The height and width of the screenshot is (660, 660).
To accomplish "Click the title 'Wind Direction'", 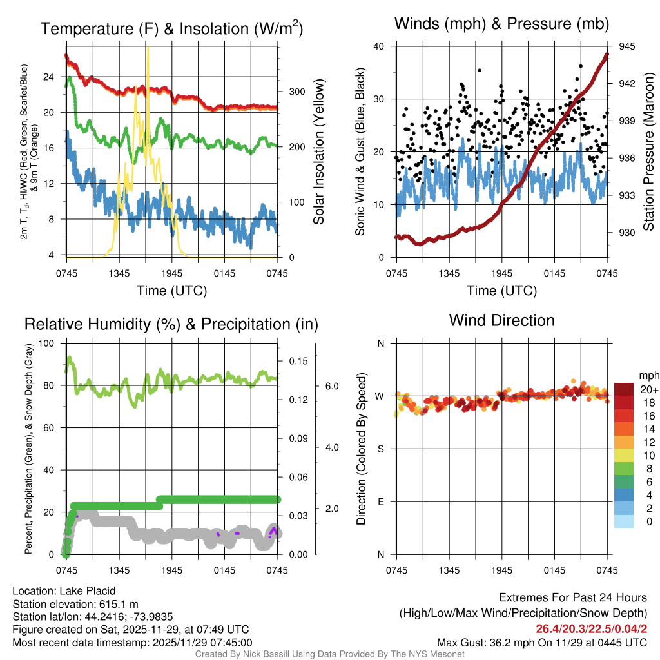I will tap(501, 320).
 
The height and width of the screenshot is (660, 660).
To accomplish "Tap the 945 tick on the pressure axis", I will tap(627, 46).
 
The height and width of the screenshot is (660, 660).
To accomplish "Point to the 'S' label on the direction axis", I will tap(380, 449).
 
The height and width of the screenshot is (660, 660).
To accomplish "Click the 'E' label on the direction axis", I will tap(380, 501).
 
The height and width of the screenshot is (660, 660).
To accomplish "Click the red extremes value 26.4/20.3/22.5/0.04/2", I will tap(591, 628).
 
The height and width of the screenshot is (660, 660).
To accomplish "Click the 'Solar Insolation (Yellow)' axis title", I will tap(318, 152).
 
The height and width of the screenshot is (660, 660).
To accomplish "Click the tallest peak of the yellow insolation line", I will tap(148, 48).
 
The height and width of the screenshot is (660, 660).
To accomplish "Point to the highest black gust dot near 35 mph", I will tap(480, 71).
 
